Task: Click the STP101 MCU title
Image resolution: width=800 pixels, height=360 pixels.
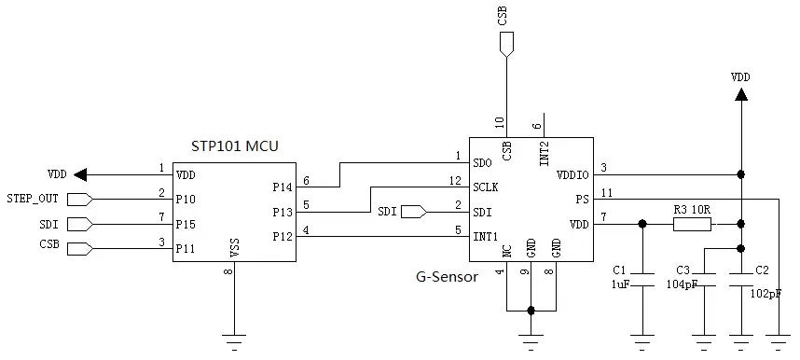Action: pos(233,146)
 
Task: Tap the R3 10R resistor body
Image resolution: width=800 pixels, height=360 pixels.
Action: pos(691,224)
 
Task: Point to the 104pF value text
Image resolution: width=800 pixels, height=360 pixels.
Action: pos(681,284)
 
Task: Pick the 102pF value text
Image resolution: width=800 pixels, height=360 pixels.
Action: pos(766,292)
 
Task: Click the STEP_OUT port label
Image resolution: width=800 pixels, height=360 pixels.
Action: pos(33,199)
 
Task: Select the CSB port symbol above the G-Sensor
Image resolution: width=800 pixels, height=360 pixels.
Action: pos(505,43)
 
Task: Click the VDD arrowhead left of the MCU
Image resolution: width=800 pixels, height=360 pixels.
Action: pos(80,174)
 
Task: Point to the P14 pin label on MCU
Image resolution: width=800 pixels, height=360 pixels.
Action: pos(283,187)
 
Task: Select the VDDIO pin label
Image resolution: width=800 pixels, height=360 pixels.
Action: pos(571,174)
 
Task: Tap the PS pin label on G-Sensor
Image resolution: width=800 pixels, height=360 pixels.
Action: pos(582,200)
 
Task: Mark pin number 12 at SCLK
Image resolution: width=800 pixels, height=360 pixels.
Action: pos(455,180)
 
